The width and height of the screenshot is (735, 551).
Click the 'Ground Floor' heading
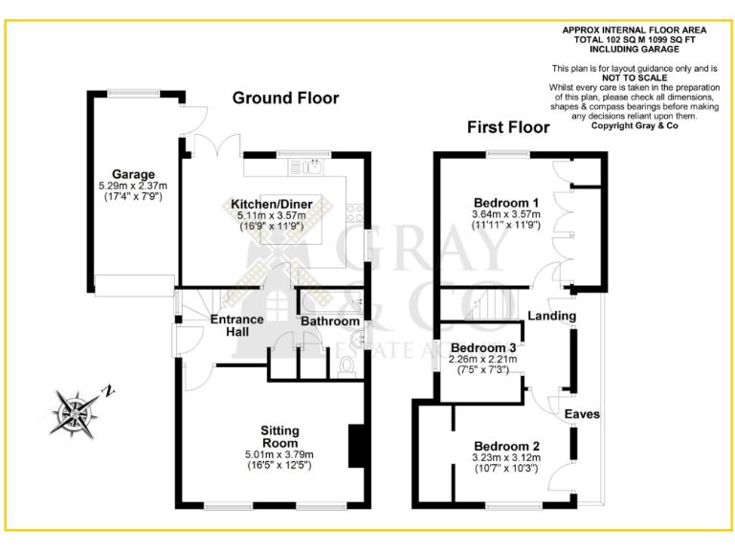(x=285, y=99)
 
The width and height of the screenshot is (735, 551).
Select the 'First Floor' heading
(x=507, y=127)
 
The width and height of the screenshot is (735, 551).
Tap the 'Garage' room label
(x=133, y=174)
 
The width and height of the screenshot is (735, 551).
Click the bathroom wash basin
(x=357, y=338)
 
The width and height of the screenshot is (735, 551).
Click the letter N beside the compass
(x=111, y=390)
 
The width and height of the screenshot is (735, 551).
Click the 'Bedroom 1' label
(x=505, y=203)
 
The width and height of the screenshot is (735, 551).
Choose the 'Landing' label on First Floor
(x=551, y=316)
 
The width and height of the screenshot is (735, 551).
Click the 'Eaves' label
(x=581, y=414)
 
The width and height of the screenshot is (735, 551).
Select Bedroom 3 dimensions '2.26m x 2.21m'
(x=483, y=359)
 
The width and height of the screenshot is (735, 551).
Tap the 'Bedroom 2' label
(x=506, y=447)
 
